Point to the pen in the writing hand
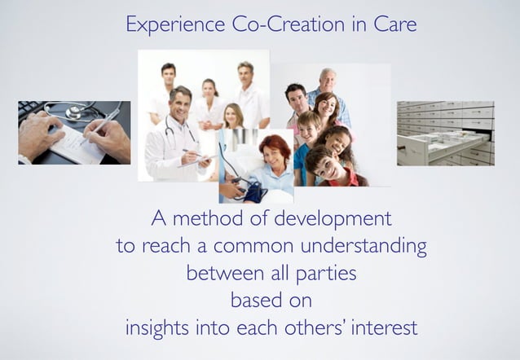pos(99,126)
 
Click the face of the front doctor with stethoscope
pos(181,102)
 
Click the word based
pos(252,301)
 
